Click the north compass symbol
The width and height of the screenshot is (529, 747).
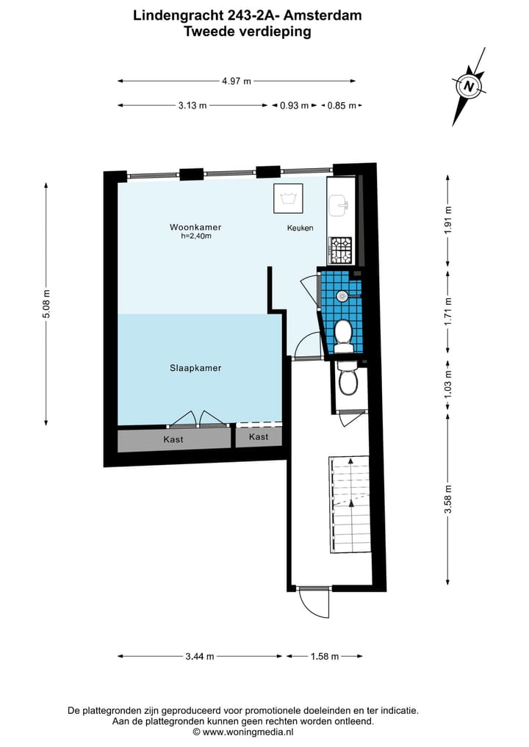(469, 86)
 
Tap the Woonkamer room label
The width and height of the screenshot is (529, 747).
(195, 227)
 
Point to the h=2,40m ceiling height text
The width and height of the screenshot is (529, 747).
(195, 237)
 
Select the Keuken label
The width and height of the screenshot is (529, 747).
(300, 228)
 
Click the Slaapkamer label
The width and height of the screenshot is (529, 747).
(195, 368)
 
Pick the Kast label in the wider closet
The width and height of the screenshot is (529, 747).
(173, 439)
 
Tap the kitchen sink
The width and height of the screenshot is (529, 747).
(341, 206)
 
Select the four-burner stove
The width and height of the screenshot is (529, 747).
(341, 250)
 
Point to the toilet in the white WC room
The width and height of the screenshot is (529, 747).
(347, 380)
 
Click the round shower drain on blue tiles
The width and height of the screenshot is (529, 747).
(342, 295)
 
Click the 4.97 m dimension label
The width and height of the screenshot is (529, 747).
(237, 81)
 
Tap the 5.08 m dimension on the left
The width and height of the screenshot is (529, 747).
(46, 305)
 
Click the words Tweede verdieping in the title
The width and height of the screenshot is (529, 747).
(247, 32)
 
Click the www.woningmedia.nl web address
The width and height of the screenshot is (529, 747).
(248, 732)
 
